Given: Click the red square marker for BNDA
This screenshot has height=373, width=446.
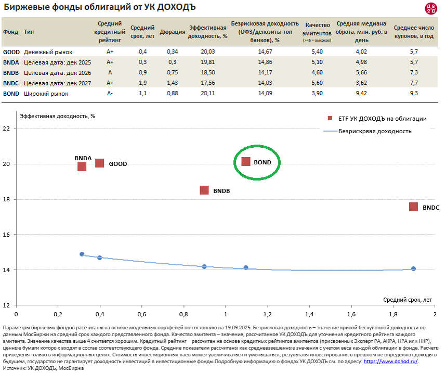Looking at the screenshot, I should (82, 166).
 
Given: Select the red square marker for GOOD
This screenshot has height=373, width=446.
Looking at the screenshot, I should (100, 163).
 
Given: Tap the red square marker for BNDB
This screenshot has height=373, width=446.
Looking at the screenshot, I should (204, 190).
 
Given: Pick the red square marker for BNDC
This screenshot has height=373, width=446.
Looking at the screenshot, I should (413, 207).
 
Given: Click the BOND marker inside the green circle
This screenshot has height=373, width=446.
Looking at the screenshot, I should (246, 161).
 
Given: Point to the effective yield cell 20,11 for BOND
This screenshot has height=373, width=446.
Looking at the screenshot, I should (208, 94).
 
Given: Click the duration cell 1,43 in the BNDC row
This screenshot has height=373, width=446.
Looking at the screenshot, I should (173, 83).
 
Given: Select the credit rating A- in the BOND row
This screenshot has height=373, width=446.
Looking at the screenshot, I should (110, 94).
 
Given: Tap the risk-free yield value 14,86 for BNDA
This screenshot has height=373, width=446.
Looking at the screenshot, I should (265, 62).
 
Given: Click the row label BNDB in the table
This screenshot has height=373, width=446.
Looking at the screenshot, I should (11, 73).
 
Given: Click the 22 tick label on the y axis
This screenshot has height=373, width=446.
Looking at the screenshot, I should (7, 129).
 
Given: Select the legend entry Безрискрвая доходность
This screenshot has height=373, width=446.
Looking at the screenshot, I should (375, 131).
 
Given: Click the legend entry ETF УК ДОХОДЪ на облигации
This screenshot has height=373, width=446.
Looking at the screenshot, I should (382, 119).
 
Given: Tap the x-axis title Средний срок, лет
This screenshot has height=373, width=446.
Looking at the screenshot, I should (408, 300).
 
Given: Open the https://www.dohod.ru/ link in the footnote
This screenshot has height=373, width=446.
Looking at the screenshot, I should (390, 361).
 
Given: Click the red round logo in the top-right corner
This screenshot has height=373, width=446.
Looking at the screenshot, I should (431, 8).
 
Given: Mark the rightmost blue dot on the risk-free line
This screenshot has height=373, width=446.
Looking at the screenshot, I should (413, 269).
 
